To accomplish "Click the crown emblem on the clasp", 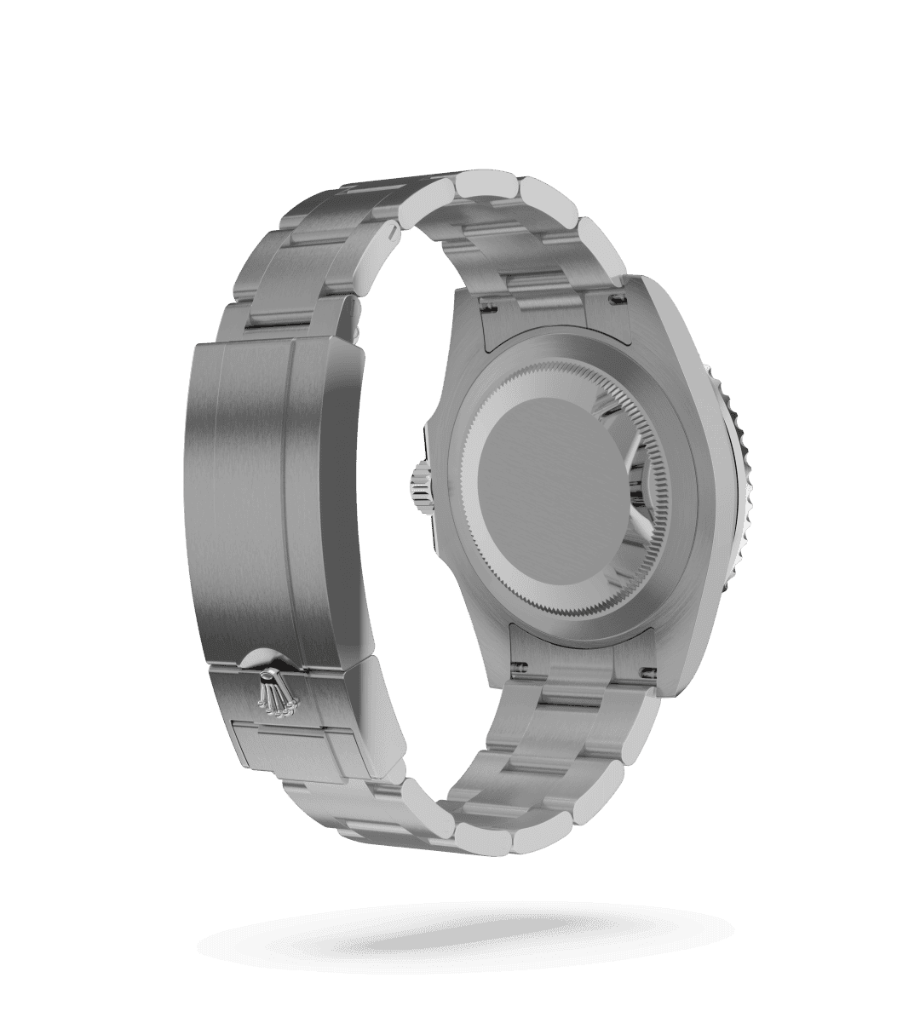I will pos(273,690).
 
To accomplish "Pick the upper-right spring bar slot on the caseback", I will pos(615,298).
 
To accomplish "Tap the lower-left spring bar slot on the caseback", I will pos(517,664).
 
